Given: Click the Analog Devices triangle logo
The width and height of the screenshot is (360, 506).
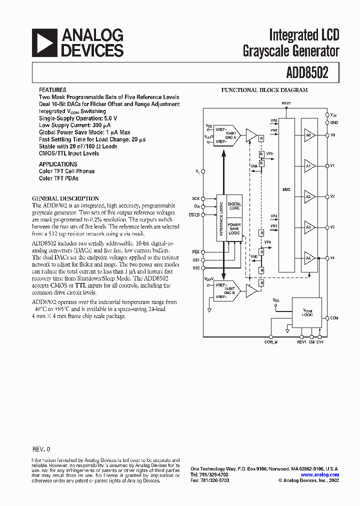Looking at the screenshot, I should (x=44, y=42).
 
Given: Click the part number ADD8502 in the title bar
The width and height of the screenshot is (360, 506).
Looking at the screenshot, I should (x=307, y=73).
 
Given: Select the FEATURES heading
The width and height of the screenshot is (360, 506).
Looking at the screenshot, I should (x=52, y=90).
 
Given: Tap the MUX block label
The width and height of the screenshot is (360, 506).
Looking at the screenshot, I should (x=286, y=190).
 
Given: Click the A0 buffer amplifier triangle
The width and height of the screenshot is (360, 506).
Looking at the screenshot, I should (x=309, y=135).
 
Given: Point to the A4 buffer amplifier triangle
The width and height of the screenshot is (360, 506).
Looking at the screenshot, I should (x=309, y=258).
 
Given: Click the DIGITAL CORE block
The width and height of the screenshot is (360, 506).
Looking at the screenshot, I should (x=234, y=206).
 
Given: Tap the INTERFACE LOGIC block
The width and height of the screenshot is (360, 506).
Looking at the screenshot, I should (x=221, y=218).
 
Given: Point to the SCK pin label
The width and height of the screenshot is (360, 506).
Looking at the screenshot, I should (x=195, y=198).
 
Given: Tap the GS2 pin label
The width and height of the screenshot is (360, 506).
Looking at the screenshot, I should (x=195, y=268).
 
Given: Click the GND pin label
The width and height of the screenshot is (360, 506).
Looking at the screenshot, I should (x=334, y=122).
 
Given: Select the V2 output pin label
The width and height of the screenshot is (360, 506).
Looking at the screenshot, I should (x=333, y=196).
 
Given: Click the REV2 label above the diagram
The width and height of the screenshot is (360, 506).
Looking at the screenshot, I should (x=286, y=103).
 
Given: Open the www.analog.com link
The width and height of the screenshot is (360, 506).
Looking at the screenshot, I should (x=320, y=475).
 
